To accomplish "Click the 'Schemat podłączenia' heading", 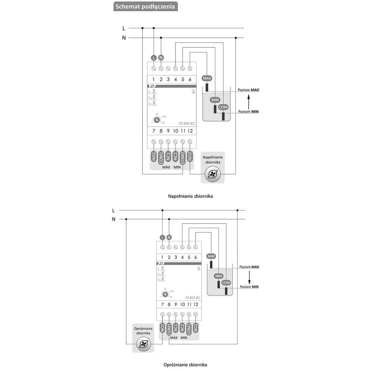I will [145, 6].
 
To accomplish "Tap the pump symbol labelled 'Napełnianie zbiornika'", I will [213, 175].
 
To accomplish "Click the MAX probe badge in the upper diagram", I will [207, 78].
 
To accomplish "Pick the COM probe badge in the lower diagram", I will [226, 283].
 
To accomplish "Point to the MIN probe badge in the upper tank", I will [215, 100].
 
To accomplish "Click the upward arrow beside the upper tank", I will [249, 101].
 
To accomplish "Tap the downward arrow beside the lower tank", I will [249, 277].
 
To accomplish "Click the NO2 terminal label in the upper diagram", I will [190, 156].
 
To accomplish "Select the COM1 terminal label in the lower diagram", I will [169, 329].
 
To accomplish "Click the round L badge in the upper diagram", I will [154, 58].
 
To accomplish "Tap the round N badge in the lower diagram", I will [169, 237].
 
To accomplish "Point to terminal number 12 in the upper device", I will [190, 131].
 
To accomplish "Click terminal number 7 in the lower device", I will [162, 305].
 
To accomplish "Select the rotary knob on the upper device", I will [156, 120].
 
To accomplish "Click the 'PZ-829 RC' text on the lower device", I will [193, 298].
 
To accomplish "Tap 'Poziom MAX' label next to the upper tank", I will [248, 90].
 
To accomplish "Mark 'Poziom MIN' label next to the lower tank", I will [249, 287].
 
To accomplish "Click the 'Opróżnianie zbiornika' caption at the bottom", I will [185, 365].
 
